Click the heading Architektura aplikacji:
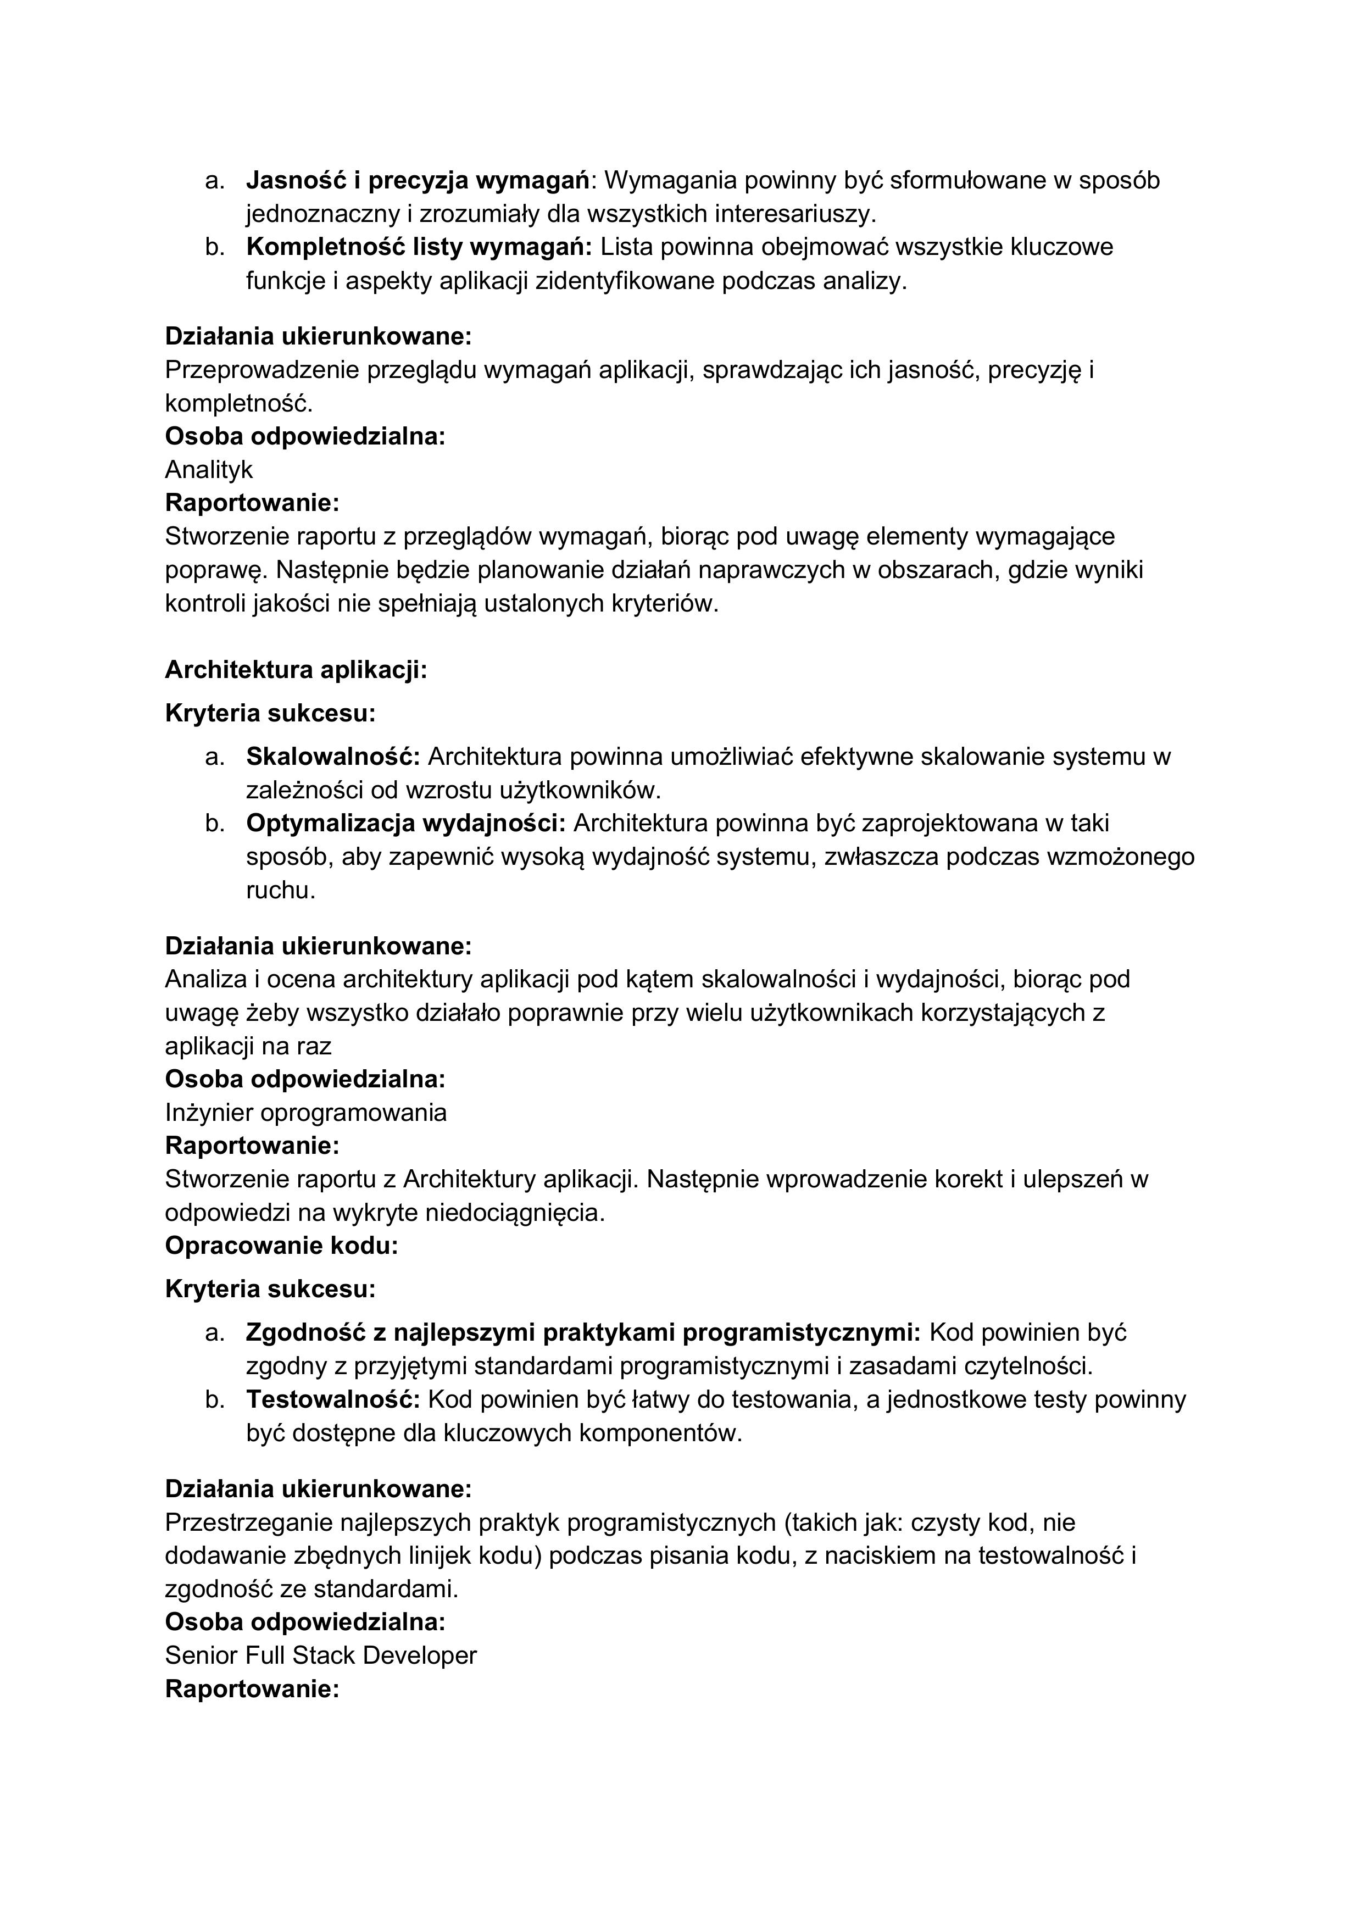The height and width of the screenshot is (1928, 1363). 296,669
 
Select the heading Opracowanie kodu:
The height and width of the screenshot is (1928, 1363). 281,1245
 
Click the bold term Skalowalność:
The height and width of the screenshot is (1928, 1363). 332,757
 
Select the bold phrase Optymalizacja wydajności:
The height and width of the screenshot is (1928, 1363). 405,823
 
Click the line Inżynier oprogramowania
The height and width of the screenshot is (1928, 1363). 305,1113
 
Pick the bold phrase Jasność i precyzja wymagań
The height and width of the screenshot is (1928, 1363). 418,180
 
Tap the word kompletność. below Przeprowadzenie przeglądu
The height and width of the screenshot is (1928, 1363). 238,403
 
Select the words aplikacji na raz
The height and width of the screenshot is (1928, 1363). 248,1046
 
